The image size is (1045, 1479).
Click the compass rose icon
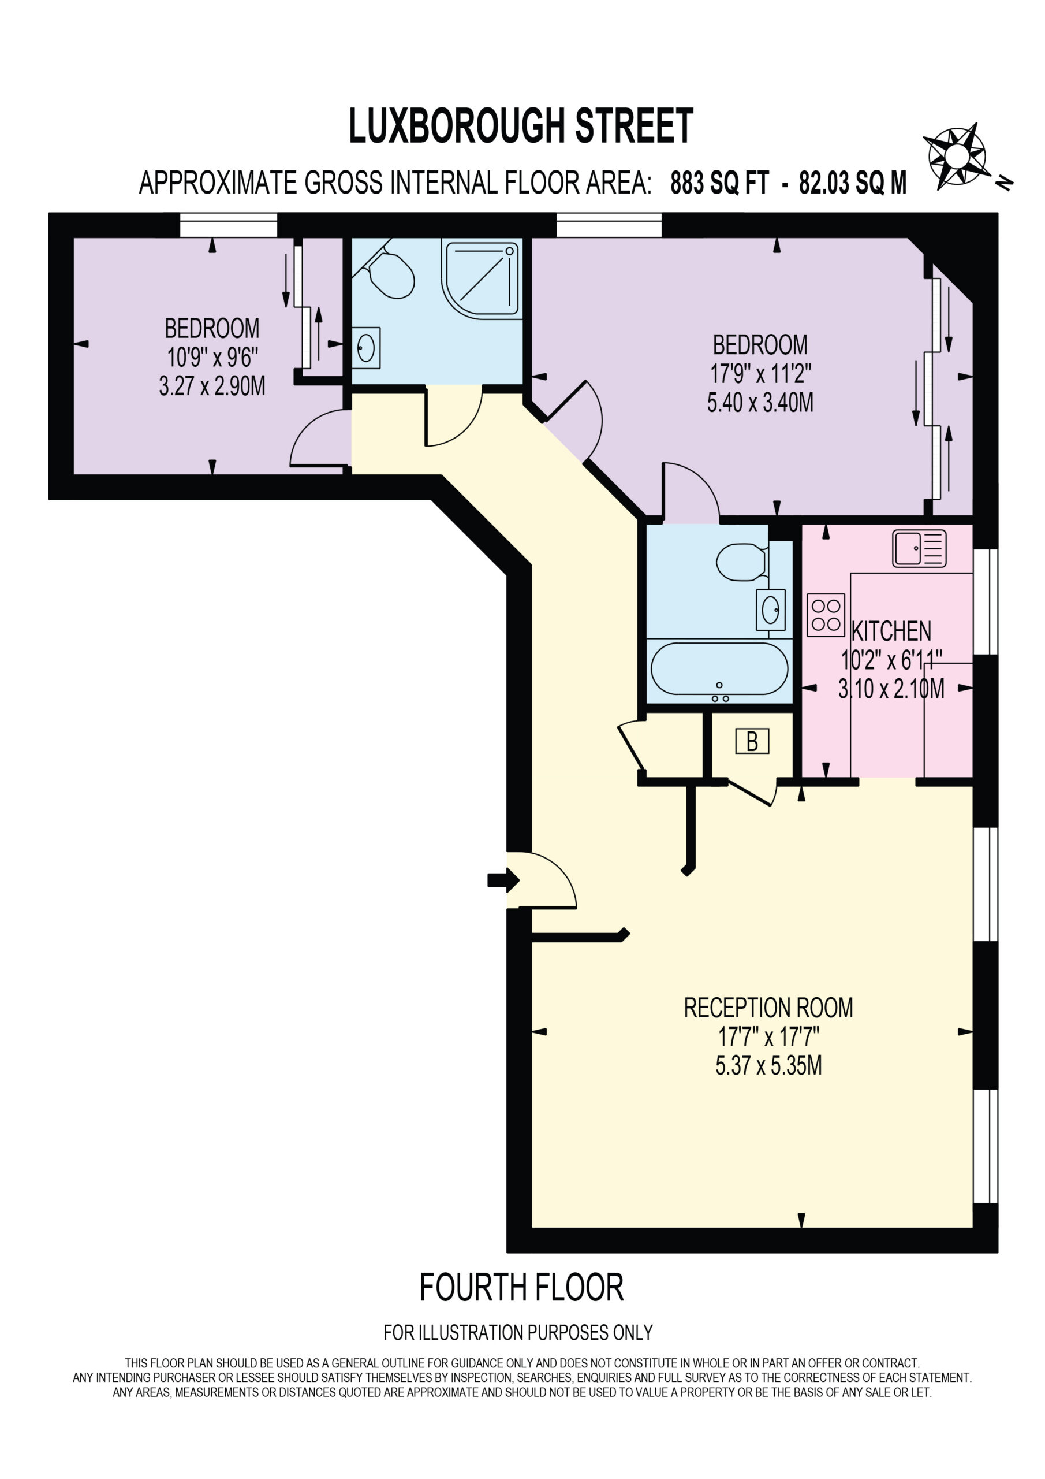[x=957, y=156]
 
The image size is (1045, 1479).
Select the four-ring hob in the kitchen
[x=826, y=615]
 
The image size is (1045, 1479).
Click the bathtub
[x=719, y=670]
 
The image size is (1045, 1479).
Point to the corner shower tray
[x=482, y=279]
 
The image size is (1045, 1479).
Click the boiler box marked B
[x=752, y=741]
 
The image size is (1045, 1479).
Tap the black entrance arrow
[x=503, y=880]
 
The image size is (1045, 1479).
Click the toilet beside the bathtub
[x=742, y=562]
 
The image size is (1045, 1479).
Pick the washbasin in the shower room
[x=365, y=348]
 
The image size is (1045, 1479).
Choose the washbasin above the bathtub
[x=771, y=610]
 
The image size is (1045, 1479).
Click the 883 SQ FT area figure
[x=719, y=183]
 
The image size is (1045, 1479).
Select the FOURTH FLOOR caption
[x=521, y=1288]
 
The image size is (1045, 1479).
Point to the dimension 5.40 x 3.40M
[x=760, y=403]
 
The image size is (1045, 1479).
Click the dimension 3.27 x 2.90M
[x=212, y=386]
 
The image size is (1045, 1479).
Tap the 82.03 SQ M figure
[x=853, y=183]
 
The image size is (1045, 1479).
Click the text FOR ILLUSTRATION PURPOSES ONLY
[x=518, y=1332]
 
